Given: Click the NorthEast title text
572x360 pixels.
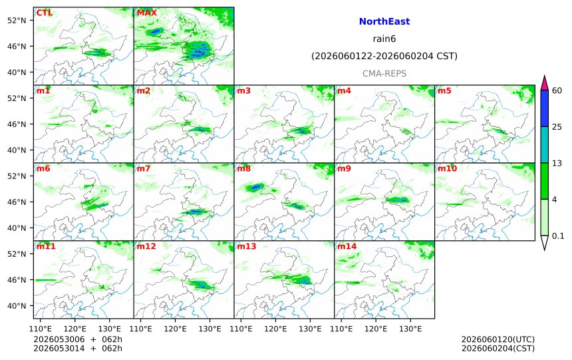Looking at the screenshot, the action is click(x=384, y=21).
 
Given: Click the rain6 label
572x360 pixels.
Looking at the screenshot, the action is click(x=384, y=39).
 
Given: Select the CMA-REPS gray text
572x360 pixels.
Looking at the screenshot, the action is click(x=384, y=73).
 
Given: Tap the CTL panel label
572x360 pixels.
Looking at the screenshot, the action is click(x=44, y=13).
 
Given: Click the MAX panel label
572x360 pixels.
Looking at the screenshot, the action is click(x=146, y=13).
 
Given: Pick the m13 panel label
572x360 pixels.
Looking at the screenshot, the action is click(x=247, y=246).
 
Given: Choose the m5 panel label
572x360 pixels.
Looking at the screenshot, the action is click(x=444, y=90).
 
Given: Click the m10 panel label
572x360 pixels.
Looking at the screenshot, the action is click(x=447, y=168).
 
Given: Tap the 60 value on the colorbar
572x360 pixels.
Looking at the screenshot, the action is click(x=557, y=90).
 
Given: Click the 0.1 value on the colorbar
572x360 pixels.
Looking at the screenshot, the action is click(x=558, y=236).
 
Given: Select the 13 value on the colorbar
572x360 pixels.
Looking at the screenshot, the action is click(x=557, y=163).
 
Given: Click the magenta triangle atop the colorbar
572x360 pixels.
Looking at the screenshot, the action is click(x=544, y=83).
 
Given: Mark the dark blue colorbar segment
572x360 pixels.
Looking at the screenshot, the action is click(x=544, y=108).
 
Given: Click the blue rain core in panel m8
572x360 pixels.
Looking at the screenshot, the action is click(x=255, y=187).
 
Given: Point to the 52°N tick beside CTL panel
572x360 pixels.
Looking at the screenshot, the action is click(x=17, y=21).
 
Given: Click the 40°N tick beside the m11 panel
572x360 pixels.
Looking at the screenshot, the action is click(x=17, y=305).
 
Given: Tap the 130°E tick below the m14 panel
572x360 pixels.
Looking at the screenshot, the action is click(x=410, y=329).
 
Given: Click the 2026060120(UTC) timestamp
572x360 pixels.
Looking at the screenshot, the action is click(x=498, y=339).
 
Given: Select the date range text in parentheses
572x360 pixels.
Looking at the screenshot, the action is click(x=384, y=56).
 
